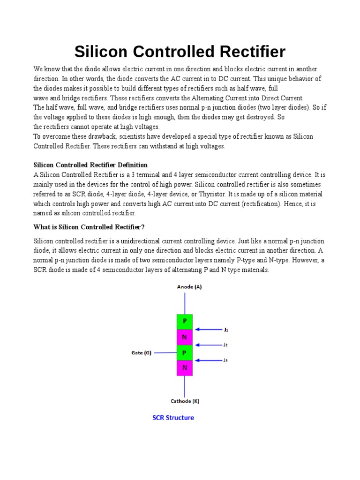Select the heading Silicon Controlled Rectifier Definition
(90, 165)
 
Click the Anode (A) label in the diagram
(189, 287)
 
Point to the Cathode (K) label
(185, 401)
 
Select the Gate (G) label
(141, 353)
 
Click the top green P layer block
(185, 322)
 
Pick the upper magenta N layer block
(185, 337)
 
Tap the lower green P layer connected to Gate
(185, 352)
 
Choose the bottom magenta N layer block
(185, 368)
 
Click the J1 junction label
(226, 330)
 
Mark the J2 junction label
(226, 345)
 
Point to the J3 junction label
(226, 360)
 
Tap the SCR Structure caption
(173, 418)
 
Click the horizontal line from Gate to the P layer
(165, 352)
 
